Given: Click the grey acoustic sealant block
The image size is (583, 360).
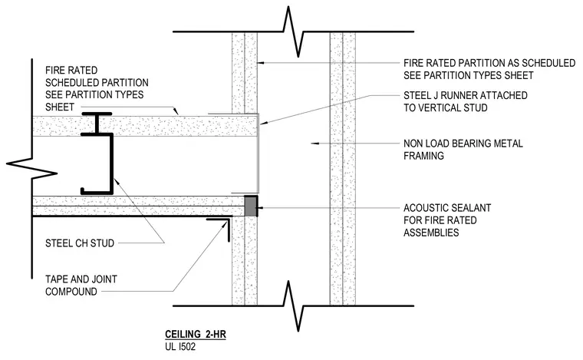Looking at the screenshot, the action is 251,206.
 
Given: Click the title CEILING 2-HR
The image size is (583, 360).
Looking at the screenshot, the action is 196,335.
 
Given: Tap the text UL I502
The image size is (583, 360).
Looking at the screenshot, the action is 180,347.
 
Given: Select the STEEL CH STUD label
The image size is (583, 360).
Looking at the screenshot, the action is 80,243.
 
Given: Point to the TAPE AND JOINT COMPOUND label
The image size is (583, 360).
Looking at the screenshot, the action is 81,286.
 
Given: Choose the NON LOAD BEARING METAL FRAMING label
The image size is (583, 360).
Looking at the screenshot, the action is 463,150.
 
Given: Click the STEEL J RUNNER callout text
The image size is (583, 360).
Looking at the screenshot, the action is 465,101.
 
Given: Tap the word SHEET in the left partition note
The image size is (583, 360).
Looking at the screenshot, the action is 60,107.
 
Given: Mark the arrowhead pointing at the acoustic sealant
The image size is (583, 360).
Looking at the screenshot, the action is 260,207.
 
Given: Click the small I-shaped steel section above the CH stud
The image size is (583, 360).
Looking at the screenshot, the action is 97,124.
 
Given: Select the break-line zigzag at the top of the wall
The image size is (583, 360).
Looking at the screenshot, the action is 293,31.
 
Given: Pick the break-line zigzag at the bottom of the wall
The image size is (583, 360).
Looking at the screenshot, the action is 293,306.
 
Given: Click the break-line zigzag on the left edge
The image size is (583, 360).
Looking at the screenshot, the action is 32,168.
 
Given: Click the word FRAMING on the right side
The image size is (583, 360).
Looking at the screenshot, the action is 423,156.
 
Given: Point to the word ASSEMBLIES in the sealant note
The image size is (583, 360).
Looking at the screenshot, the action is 431,233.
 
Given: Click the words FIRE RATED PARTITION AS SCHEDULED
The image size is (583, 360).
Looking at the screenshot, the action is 489,63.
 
